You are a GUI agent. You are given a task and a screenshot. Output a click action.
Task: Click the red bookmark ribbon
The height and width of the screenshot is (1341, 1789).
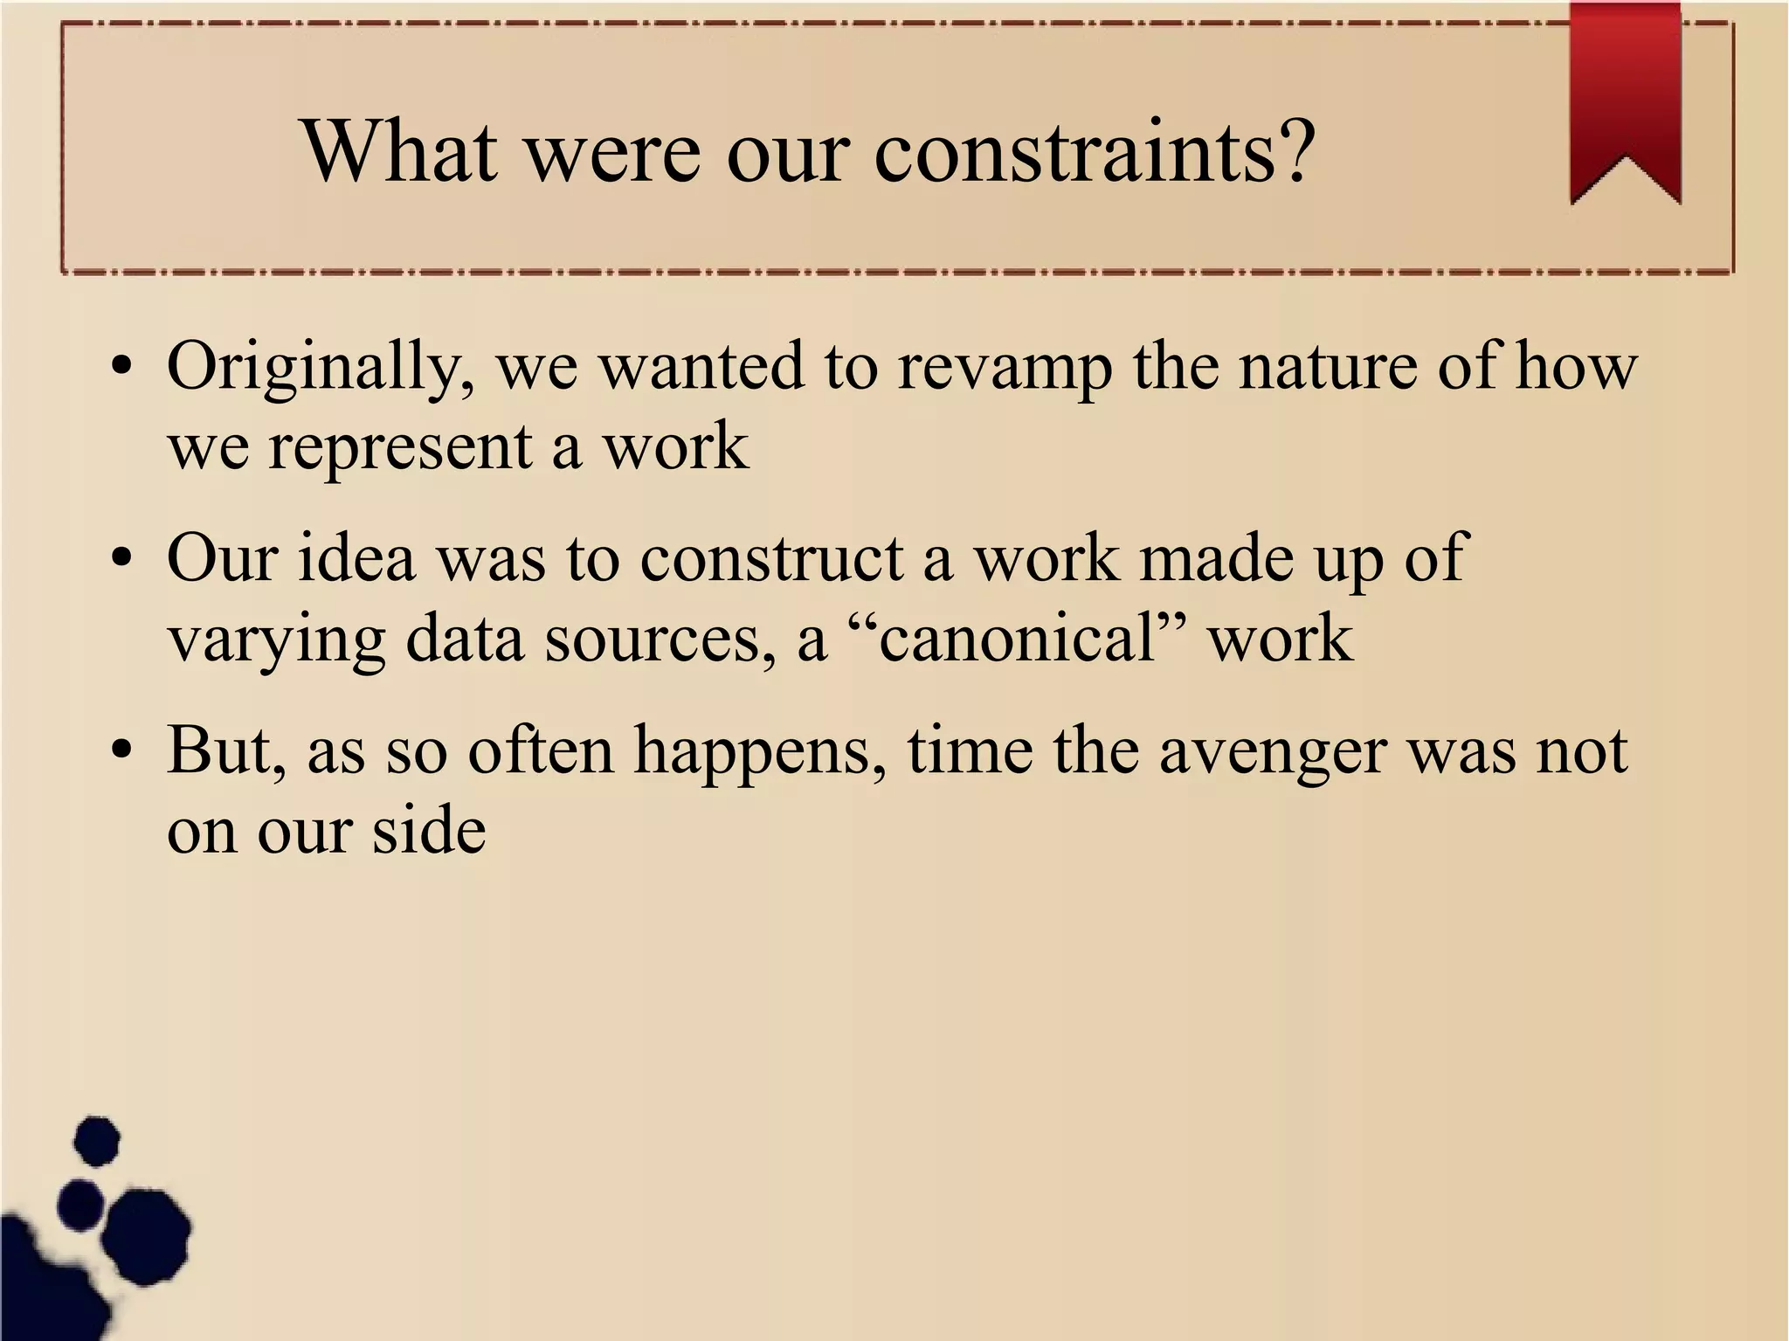pyautogui.click(x=1625, y=96)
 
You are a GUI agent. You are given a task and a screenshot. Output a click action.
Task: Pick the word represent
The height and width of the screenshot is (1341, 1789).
pyautogui.click(x=400, y=448)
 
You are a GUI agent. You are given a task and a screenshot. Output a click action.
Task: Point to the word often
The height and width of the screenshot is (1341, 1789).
pyautogui.click(x=541, y=750)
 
